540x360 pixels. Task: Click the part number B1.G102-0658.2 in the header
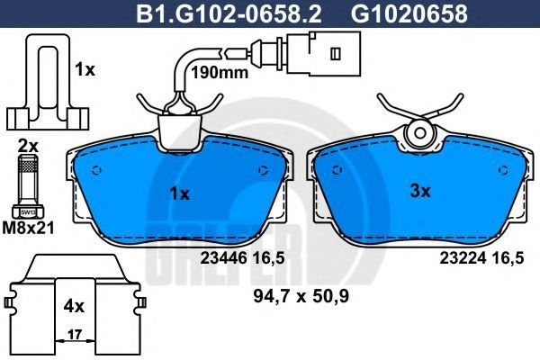[x=229, y=13]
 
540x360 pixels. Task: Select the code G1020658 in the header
[x=409, y=13]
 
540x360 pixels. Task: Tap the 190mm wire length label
[x=220, y=73]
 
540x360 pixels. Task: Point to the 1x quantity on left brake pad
[x=179, y=194]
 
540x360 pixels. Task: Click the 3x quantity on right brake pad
[x=420, y=191]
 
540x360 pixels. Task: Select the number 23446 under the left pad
[x=224, y=257]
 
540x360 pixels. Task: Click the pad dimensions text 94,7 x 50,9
[x=301, y=296]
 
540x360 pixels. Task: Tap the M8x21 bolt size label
[x=28, y=228]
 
